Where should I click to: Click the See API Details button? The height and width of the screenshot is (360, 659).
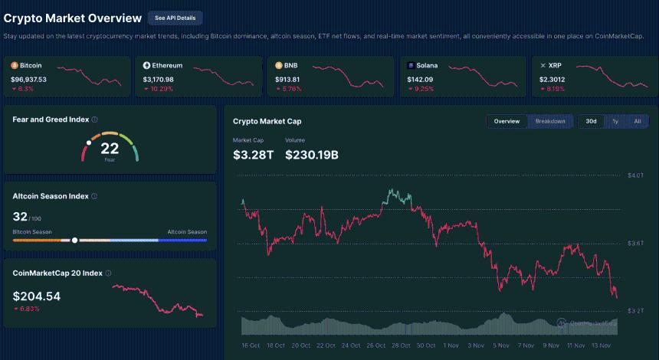tap(175, 18)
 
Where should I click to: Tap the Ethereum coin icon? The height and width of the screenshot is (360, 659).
tap(146, 66)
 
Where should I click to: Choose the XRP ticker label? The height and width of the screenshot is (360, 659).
tap(556, 66)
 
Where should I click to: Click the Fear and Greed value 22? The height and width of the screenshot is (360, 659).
tap(110, 148)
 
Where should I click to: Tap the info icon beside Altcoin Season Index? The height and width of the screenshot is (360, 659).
tap(94, 196)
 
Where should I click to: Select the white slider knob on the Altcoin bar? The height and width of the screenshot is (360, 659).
tap(74, 240)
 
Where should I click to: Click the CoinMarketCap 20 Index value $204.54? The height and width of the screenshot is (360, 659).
tap(37, 296)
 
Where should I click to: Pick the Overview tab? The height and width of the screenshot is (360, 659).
tap(507, 121)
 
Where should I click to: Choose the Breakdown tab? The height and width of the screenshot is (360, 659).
tap(550, 121)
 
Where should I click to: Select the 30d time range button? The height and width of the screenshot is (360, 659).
tap(591, 121)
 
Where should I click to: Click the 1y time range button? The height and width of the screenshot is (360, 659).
tap(615, 121)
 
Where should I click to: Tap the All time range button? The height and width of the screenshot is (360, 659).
tap(637, 121)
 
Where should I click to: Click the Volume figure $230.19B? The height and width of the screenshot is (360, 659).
tap(312, 155)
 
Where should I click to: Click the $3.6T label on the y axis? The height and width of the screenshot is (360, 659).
tap(635, 243)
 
